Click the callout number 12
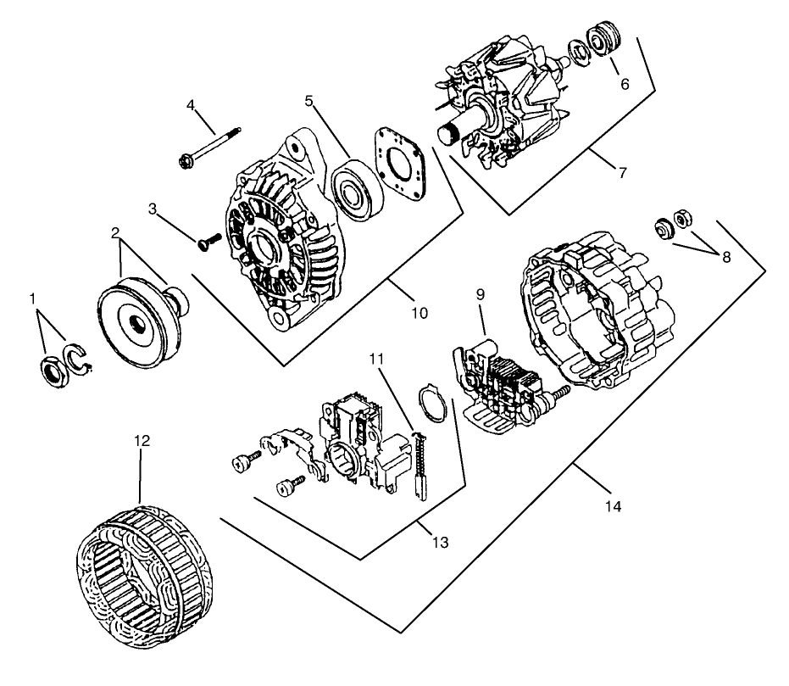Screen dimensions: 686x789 tap(142, 441)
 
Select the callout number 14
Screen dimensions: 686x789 tap(612, 506)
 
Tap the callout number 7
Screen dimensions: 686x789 tap(623, 173)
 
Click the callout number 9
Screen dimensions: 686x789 tap(481, 296)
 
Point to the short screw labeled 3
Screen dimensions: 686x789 tap(208, 242)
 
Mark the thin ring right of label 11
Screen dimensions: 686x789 tap(433, 402)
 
